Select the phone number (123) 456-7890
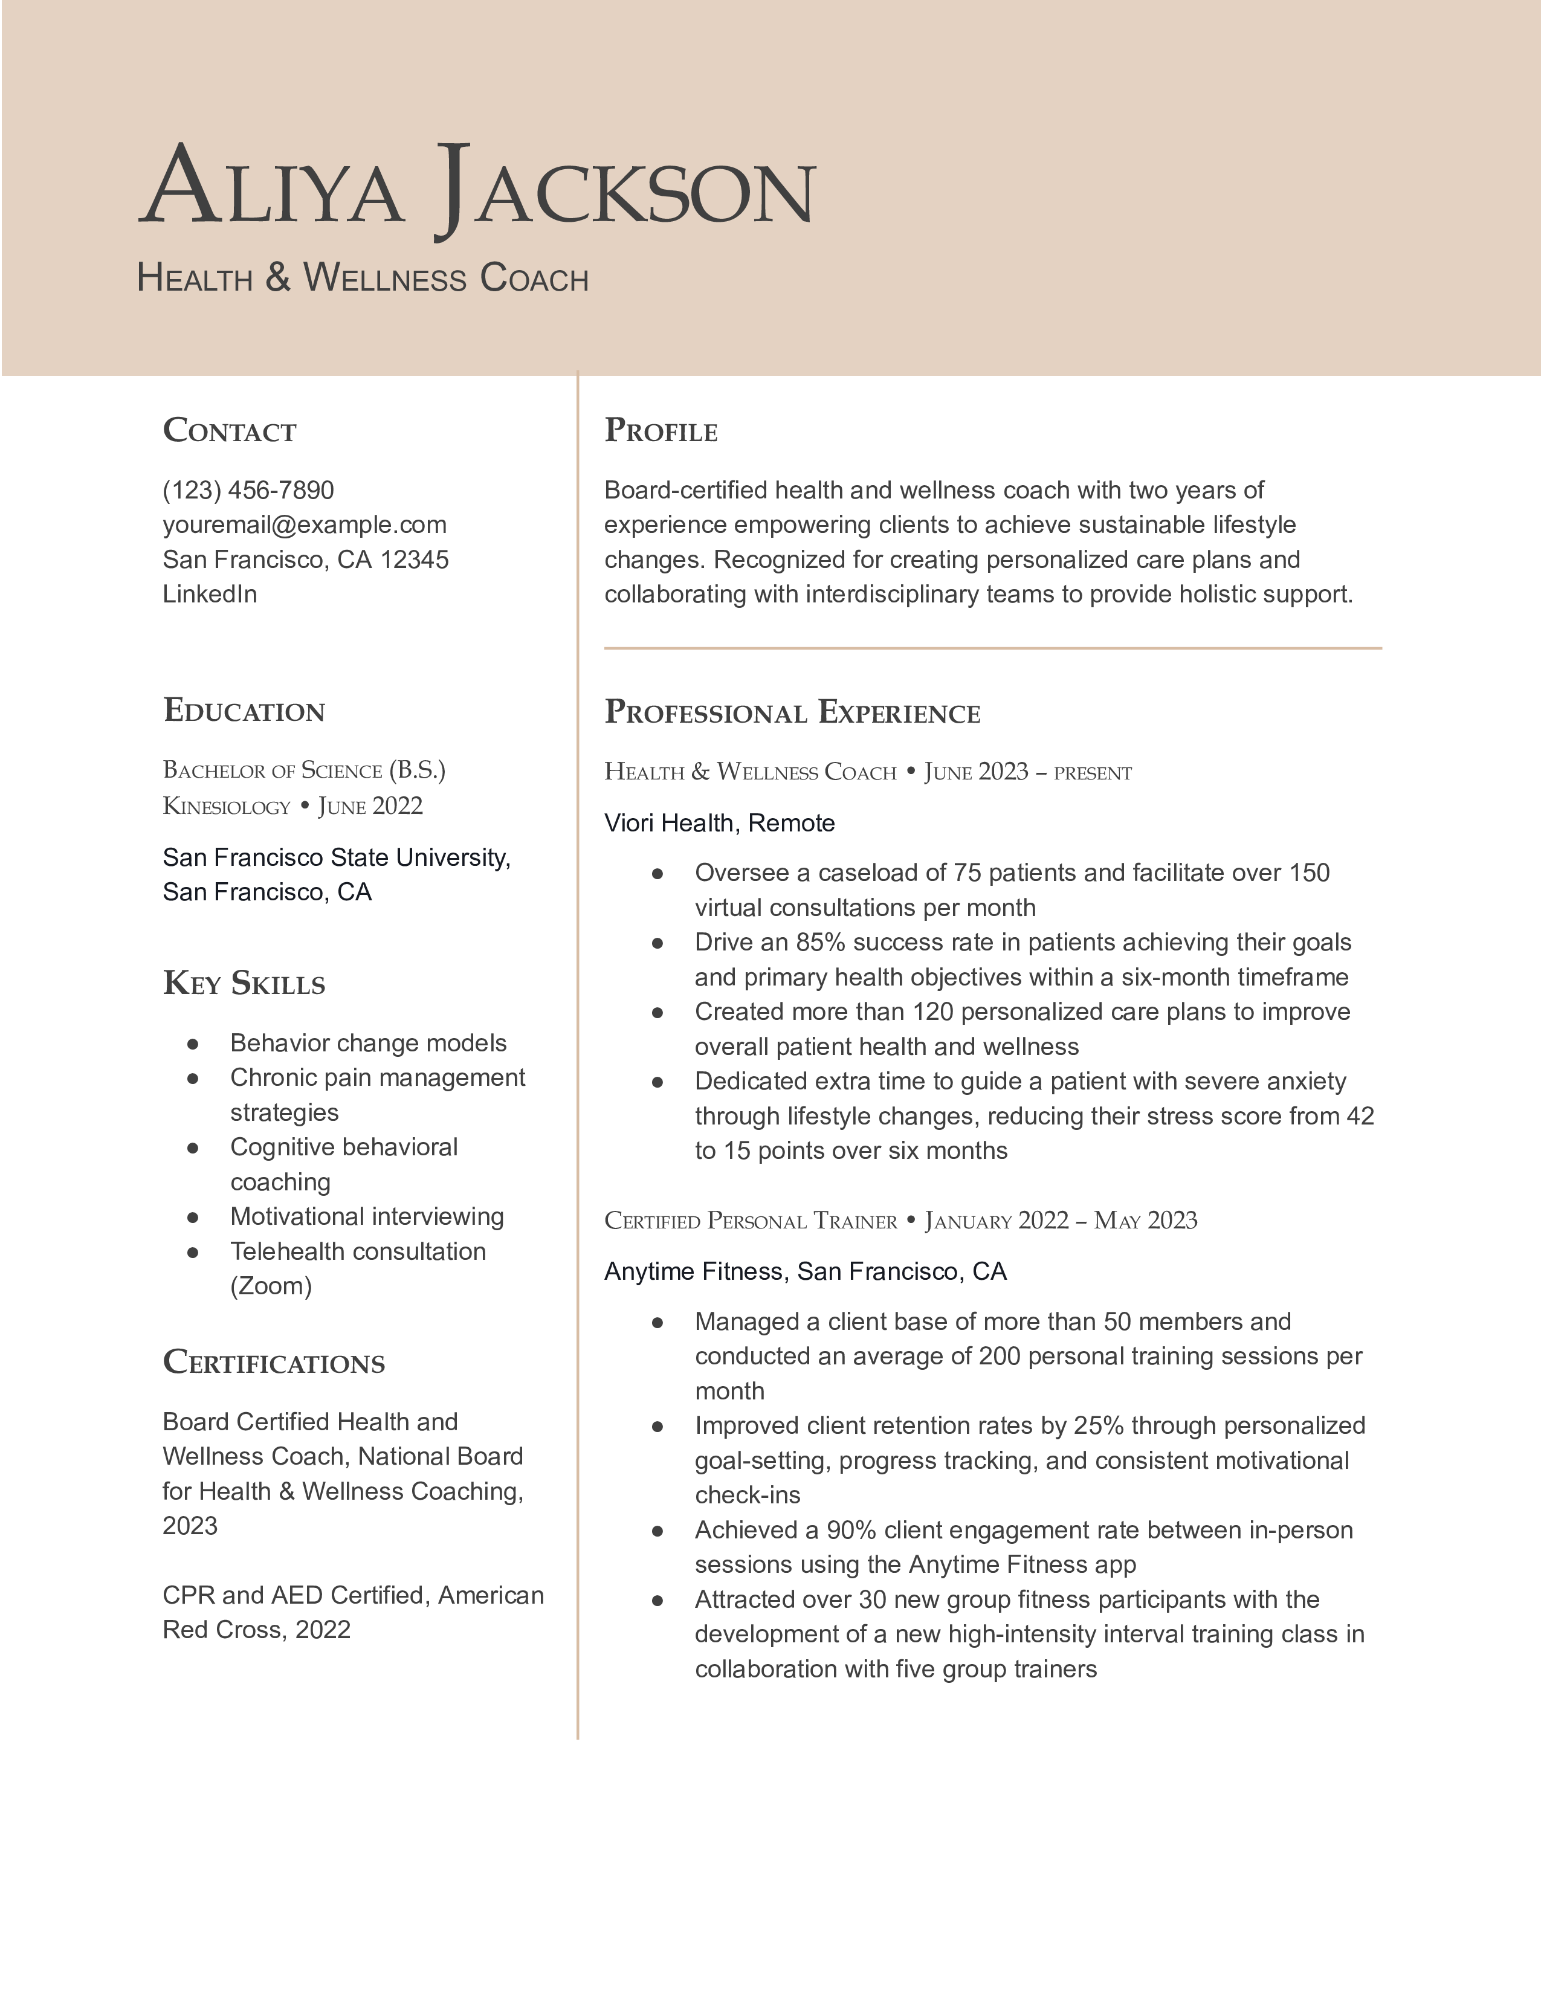click(x=248, y=490)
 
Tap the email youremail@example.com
click(x=304, y=525)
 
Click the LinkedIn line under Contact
click(x=210, y=595)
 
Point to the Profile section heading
click(x=661, y=431)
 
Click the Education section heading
click(x=244, y=711)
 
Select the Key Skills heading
click(x=244, y=983)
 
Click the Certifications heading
click(x=274, y=1362)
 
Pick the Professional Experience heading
click(x=792, y=712)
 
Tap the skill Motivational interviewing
click(x=367, y=1216)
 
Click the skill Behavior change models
click(x=368, y=1043)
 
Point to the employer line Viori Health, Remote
click(x=719, y=824)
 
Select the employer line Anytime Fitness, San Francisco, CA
click(x=805, y=1272)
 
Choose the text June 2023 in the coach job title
click(x=976, y=772)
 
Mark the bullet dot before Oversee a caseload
click(x=656, y=874)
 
